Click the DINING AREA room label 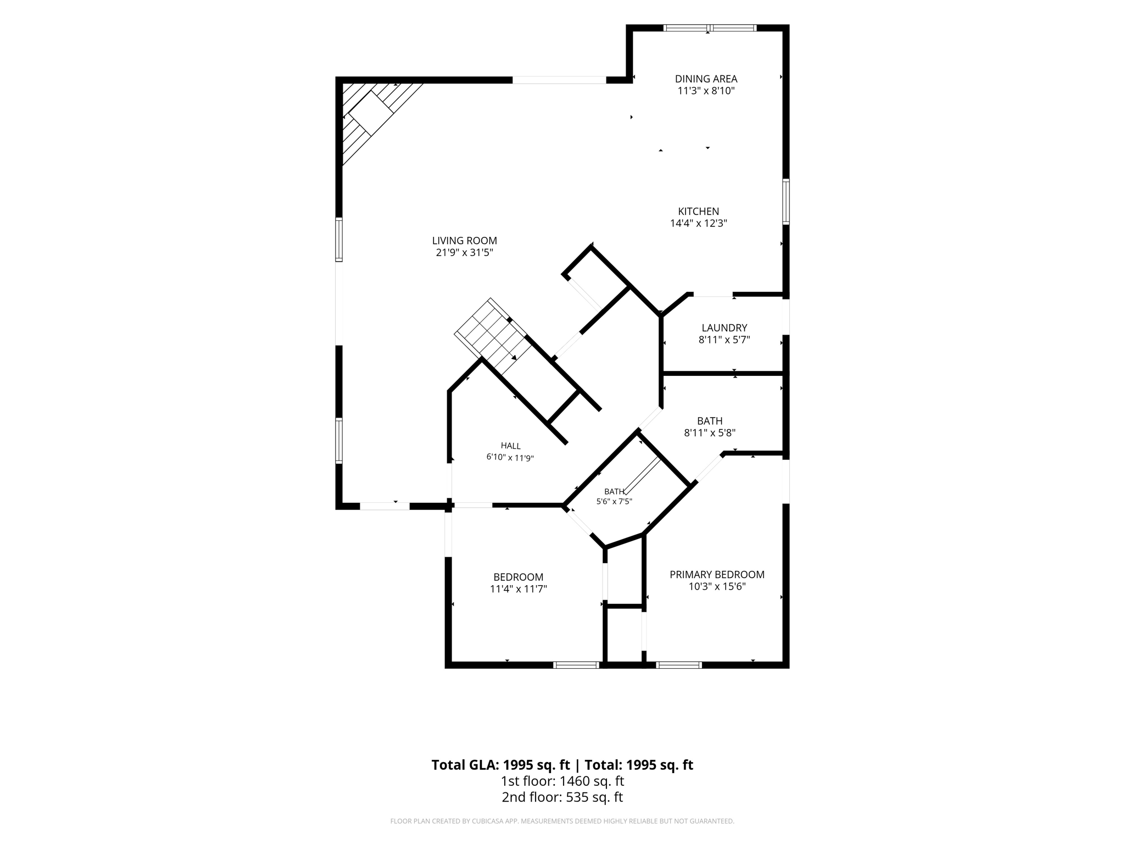coord(706,79)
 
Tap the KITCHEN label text coord(698,212)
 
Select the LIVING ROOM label coord(464,241)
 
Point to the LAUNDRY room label coord(724,328)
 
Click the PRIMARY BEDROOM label coord(717,575)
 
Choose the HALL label coord(510,446)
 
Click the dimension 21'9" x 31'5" coord(464,253)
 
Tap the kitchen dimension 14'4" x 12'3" coord(698,224)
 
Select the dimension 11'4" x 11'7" coord(518,589)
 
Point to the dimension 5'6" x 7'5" coord(614,502)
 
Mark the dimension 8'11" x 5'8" coord(710,433)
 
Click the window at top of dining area coord(710,28)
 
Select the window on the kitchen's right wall coord(786,201)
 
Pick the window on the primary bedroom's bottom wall coord(679,665)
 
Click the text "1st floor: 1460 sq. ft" coord(562,781)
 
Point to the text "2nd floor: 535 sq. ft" coord(562,797)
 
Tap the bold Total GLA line coord(562,765)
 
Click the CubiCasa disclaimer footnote coord(562,821)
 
